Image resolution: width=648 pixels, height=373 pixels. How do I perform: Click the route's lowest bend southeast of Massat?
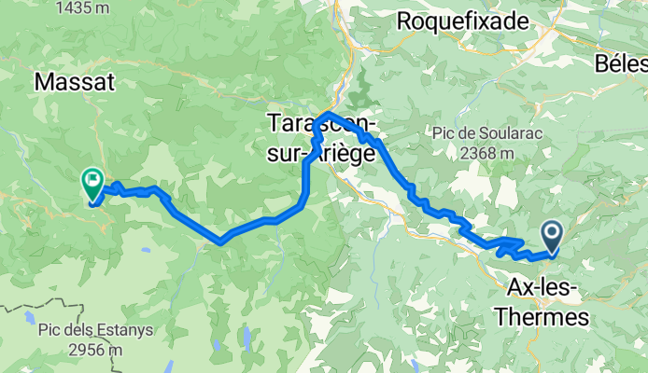point(219,242)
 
